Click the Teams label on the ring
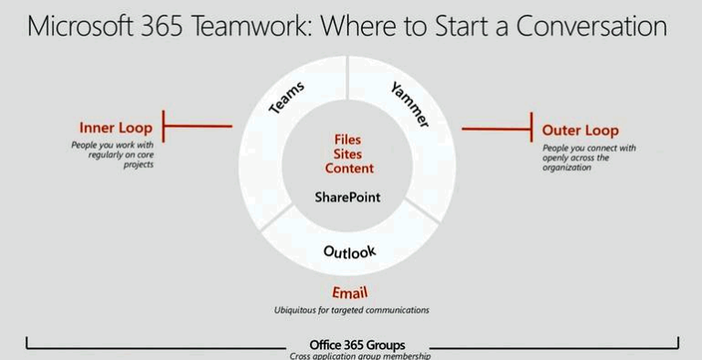coord(287,97)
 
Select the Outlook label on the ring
coord(349,251)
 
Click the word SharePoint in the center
coord(347,196)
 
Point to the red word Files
coord(347,140)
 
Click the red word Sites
coord(347,154)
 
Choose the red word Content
coord(347,169)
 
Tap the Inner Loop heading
coord(116,128)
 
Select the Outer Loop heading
coord(580,131)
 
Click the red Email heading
coord(351,293)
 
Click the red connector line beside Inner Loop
coord(197,128)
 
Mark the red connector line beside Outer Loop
coord(496,129)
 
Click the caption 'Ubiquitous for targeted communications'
coord(351,311)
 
